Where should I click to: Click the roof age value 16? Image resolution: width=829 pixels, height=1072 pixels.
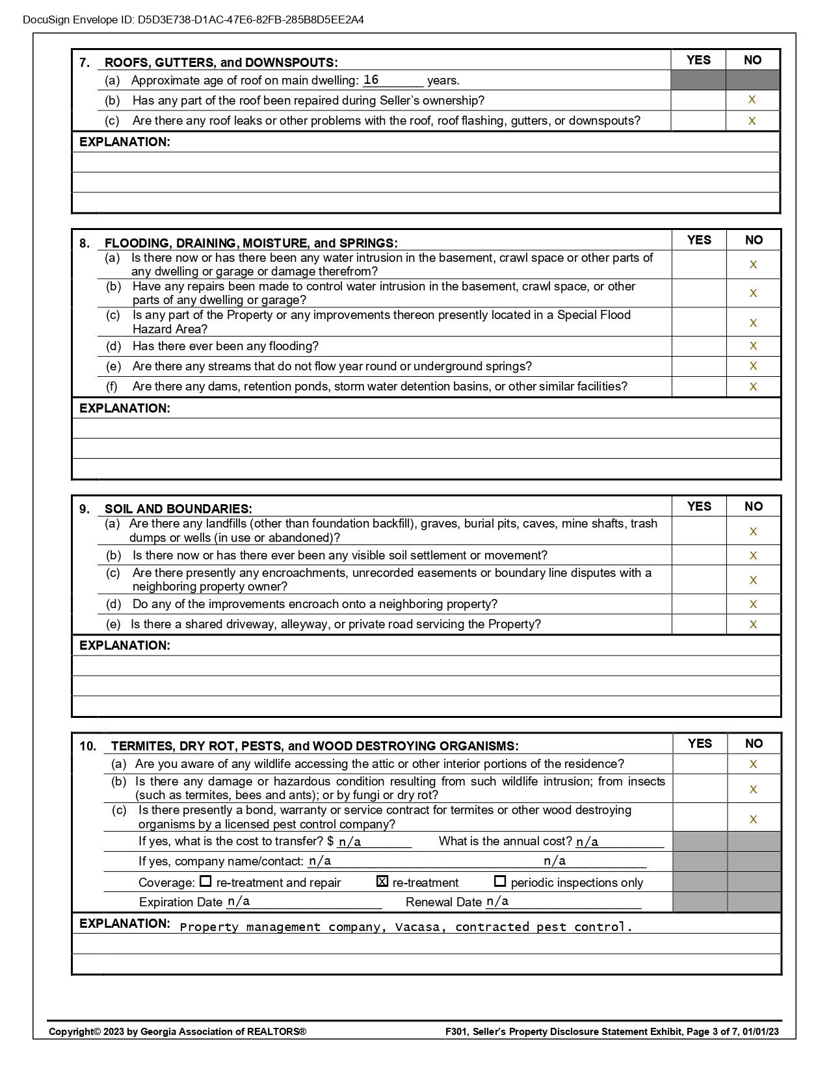[x=371, y=80]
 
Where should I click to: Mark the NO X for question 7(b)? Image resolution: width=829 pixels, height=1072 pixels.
[x=752, y=100]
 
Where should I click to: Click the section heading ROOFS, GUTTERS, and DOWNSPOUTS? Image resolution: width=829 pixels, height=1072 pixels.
[x=221, y=62]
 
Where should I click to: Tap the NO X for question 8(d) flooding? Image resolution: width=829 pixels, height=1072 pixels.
[x=753, y=346]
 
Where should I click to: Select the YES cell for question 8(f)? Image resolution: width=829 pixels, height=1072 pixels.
[x=699, y=387]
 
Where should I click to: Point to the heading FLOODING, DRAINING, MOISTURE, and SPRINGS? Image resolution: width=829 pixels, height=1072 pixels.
[x=251, y=243]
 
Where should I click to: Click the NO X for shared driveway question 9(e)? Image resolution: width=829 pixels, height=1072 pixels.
[x=753, y=624]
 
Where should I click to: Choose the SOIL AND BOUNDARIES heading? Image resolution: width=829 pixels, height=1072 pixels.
[x=178, y=509]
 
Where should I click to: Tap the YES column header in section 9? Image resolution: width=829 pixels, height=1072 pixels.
[x=699, y=506]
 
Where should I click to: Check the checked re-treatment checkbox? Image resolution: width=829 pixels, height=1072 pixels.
[x=382, y=882]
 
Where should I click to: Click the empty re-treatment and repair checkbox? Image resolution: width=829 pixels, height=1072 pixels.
[x=205, y=882]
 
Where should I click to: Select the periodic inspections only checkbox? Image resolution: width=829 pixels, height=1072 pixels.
[x=500, y=882]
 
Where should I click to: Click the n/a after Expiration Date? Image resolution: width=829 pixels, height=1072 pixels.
[x=239, y=902]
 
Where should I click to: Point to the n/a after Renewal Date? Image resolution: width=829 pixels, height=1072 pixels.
[x=497, y=902]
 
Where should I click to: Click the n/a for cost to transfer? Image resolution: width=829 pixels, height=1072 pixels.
[x=350, y=842]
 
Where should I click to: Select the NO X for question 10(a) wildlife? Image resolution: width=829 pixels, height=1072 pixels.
[x=753, y=764]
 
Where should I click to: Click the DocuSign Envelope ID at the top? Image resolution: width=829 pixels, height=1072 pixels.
[x=193, y=19]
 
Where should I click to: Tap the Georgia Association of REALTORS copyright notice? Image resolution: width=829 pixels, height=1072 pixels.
[x=178, y=1031]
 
